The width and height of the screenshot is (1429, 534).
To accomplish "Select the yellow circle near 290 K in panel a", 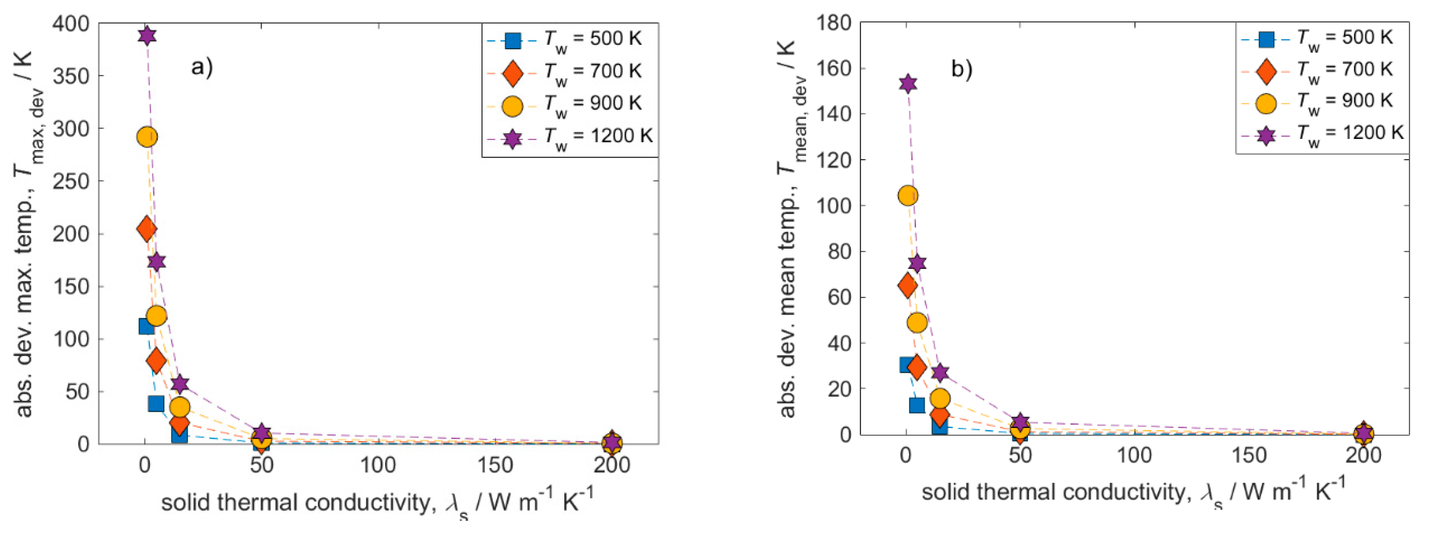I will click(x=146, y=136).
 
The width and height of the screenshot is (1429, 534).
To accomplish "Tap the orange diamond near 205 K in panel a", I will click(x=146, y=229).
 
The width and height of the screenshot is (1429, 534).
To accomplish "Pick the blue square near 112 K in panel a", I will click(x=146, y=326).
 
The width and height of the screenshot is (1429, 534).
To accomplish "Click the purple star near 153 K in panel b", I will click(x=907, y=84).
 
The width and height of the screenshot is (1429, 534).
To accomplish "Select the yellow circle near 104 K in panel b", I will click(x=907, y=195).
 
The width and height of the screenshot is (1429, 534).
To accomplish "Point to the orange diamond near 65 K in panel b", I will click(x=907, y=286).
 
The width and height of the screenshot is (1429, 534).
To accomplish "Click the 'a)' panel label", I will click(x=202, y=67).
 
